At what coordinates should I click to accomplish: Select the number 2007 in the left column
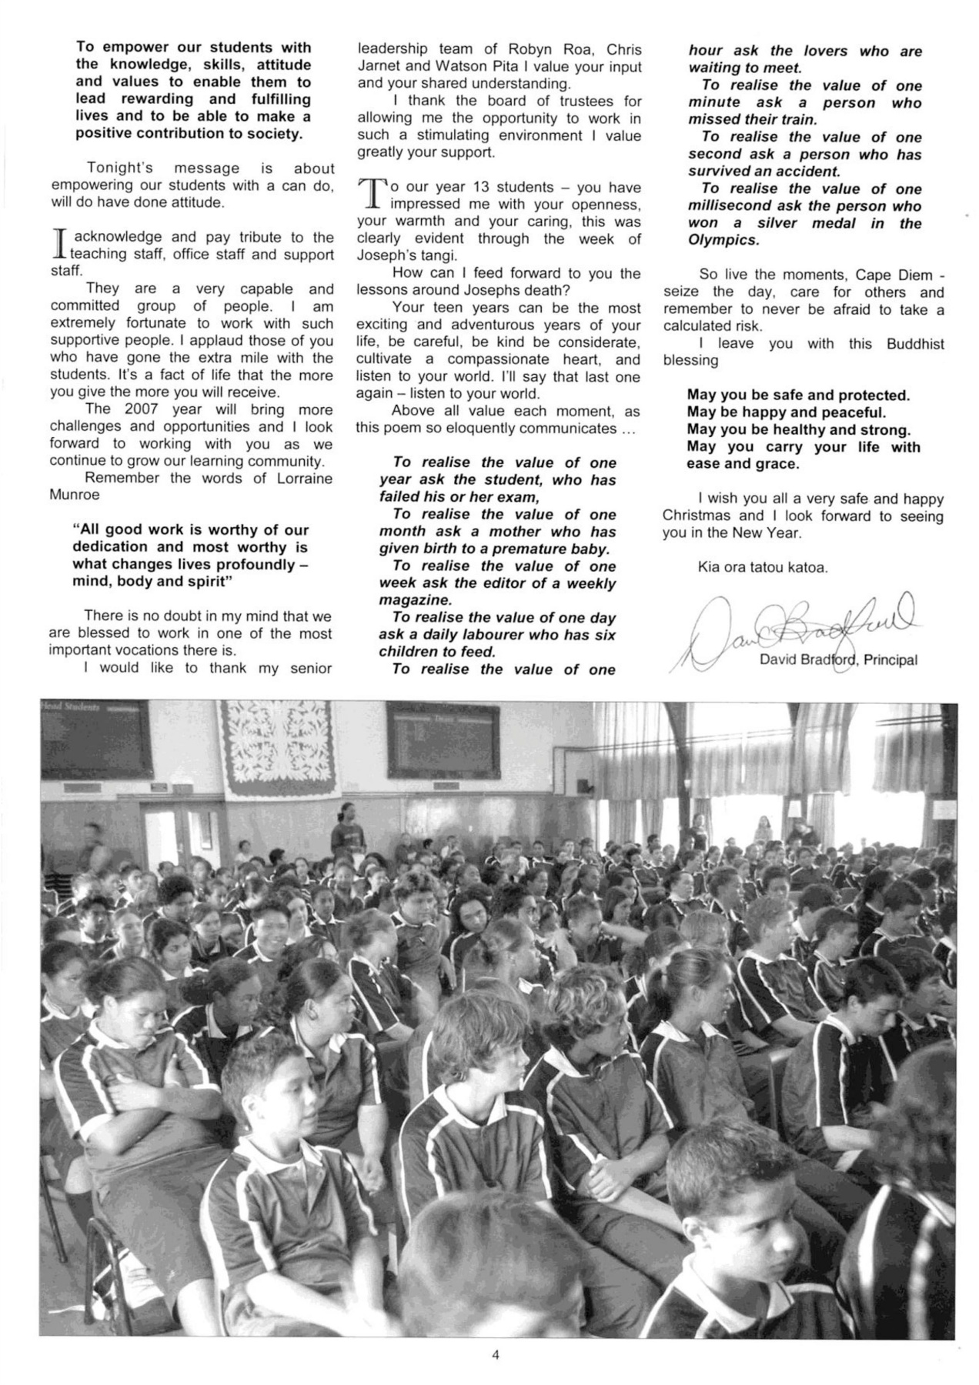[x=141, y=409]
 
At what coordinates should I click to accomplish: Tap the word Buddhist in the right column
[x=914, y=344]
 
